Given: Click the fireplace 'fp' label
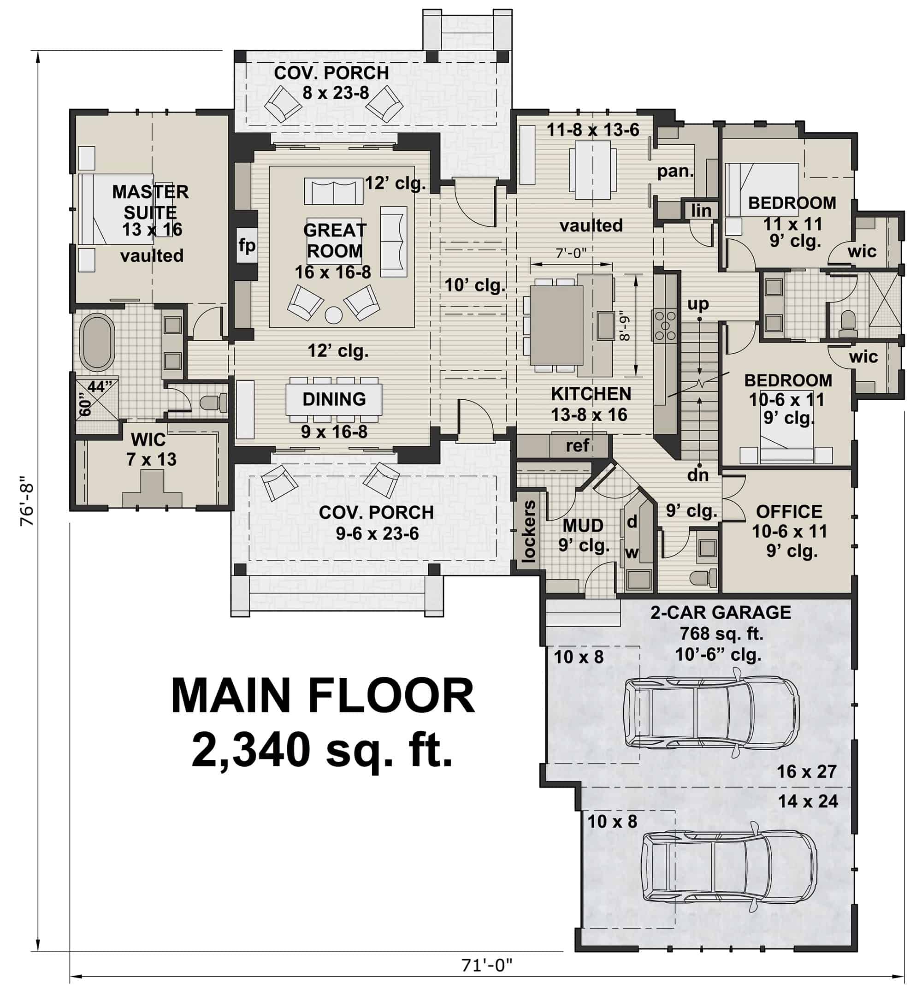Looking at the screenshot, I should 247,245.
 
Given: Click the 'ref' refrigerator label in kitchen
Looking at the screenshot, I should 577,445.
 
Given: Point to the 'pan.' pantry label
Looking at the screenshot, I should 675,171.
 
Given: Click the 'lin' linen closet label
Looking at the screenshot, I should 701,211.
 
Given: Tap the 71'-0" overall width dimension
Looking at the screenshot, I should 487,965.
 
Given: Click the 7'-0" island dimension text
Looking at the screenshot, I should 571,254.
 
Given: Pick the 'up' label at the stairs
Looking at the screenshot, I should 698,303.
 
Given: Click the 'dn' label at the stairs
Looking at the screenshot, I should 697,475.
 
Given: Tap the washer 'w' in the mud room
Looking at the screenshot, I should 632,552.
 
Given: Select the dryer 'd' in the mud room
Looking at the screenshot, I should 632,522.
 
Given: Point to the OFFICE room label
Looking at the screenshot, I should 789,511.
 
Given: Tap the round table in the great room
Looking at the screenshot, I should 333,315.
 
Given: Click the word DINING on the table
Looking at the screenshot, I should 334,399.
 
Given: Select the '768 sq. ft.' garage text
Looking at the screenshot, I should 721,634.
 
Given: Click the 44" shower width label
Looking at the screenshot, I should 100,387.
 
